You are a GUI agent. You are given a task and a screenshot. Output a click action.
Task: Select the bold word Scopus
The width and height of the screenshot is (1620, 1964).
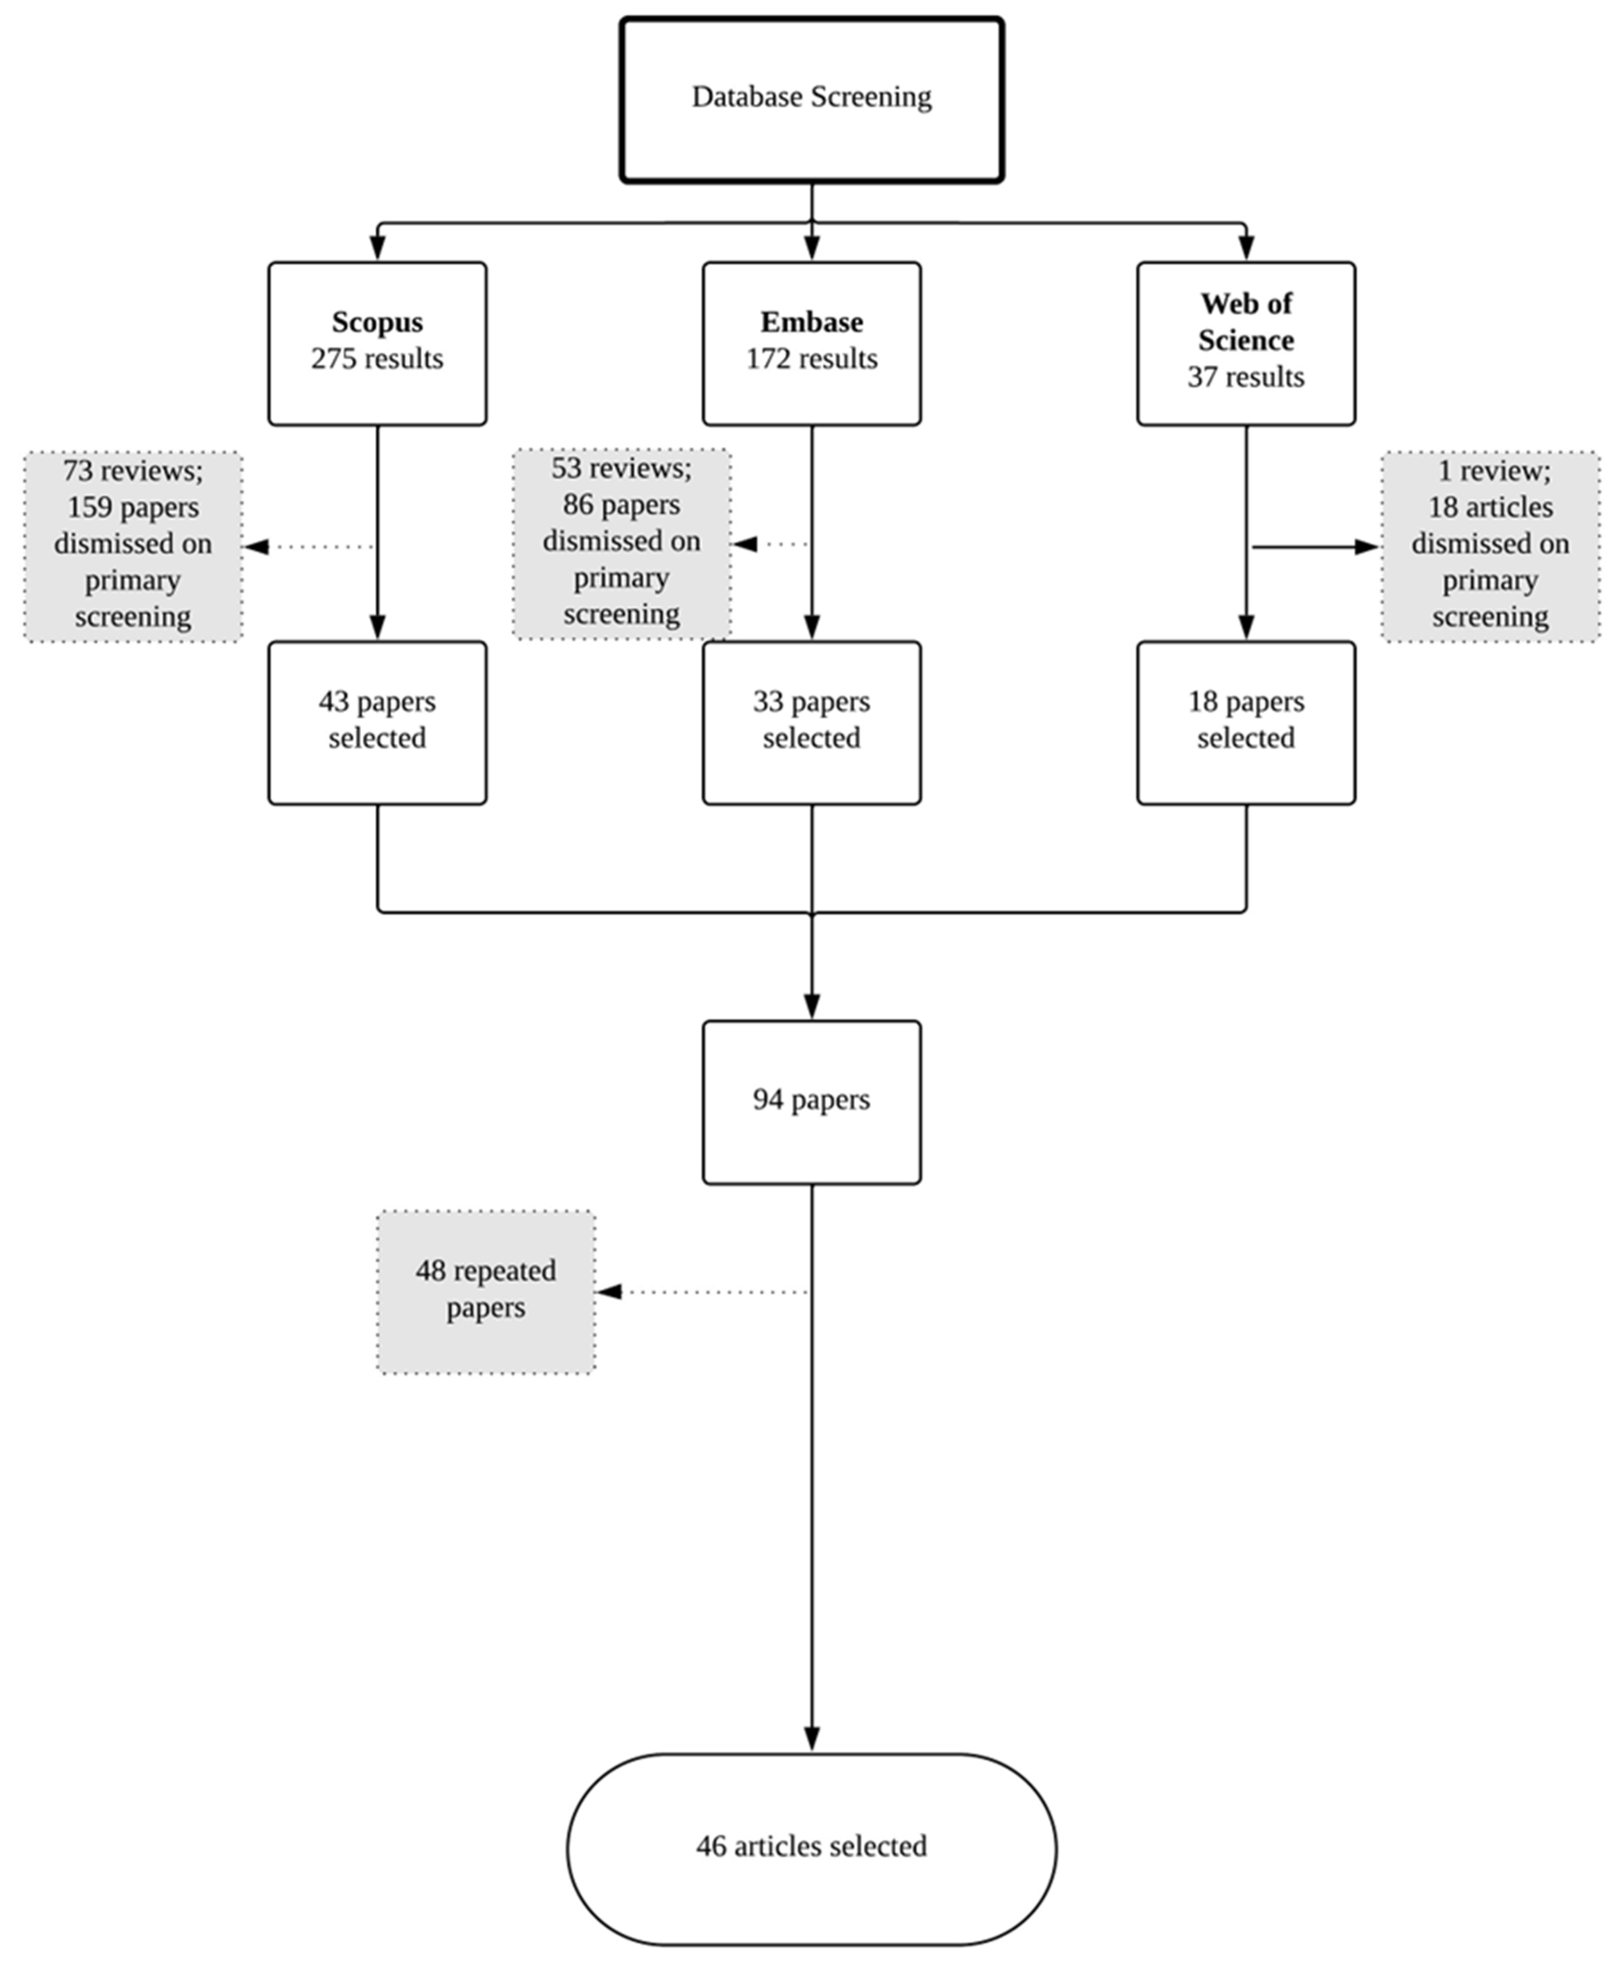pos(377,322)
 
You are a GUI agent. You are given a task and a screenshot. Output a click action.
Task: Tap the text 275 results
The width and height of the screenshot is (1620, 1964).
pos(377,358)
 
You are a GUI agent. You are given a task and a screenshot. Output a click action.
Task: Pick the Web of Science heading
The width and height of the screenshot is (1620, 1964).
pos(1246,322)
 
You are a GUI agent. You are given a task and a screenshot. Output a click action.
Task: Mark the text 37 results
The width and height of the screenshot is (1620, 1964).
pos(1246,377)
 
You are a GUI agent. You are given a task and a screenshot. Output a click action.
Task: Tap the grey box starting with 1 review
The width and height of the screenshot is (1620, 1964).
pos(1490,546)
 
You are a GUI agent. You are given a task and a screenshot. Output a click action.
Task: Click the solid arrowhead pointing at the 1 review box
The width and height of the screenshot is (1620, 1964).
pos(1367,547)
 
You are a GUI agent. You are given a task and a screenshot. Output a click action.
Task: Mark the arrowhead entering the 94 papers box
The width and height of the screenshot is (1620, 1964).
pos(812,1006)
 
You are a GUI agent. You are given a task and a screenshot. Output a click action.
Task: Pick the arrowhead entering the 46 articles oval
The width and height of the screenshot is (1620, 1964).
pos(812,1738)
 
